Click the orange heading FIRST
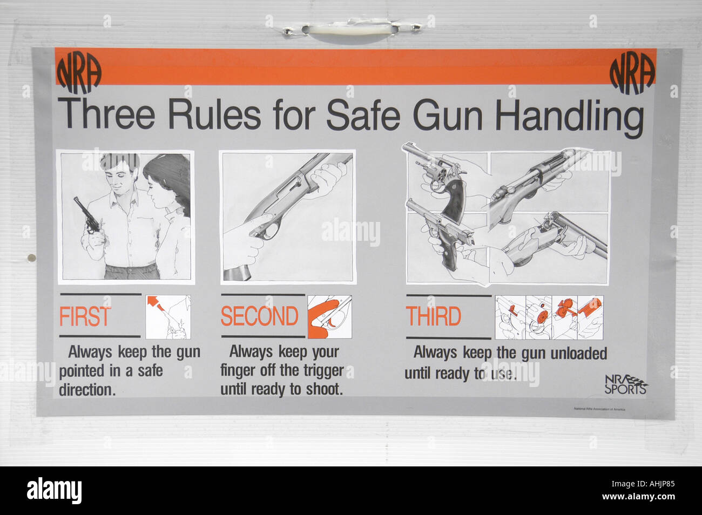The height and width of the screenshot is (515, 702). click(x=85, y=317)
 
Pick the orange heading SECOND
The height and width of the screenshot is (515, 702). click(x=259, y=316)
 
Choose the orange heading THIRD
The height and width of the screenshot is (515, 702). click(x=434, y=317)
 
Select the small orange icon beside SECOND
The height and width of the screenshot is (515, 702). click(x=329, y=317)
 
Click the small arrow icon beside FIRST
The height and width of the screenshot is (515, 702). click(x=168, y=317)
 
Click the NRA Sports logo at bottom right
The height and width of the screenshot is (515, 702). click(x=625, y=384)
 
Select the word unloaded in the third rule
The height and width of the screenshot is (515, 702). click(x=578, y=353)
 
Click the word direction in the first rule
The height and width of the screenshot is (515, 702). click(x=87, y=390)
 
